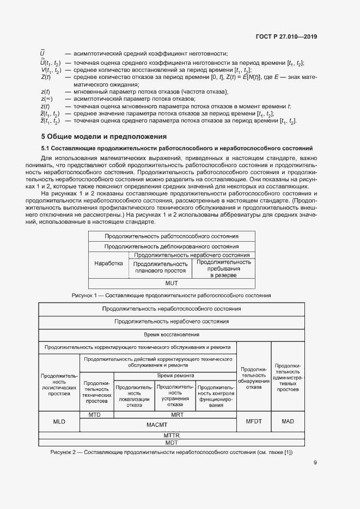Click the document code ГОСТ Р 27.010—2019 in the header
click(286, 36)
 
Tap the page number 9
click(315, 463)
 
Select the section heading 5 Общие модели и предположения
click(104, 136)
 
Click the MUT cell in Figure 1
click(172, 284)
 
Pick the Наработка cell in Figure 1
click(108, 263)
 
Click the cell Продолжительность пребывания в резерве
click(223, 268)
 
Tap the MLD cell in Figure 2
click(59, 422)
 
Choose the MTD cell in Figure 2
click(97, 415)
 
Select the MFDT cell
click(254, 422)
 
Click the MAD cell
click(288, 422)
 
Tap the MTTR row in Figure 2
click(172, 436)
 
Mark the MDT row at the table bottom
click(172, 443)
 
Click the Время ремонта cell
click(175, 376)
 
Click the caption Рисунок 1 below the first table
click(172, 295)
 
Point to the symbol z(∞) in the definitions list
click(46, 99)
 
